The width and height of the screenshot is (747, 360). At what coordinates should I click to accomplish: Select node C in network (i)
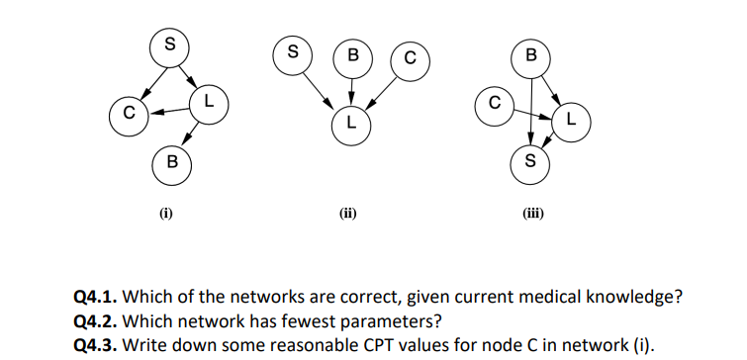[x=128, y=112]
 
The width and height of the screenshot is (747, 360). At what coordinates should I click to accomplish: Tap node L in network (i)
[x=208, y=103]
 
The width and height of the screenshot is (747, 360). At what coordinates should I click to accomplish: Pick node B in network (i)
[x=171, y=162]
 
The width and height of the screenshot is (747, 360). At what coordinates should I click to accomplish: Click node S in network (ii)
[x=291, y=53]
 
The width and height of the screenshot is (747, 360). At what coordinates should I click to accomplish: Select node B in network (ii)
[x=351, y=55]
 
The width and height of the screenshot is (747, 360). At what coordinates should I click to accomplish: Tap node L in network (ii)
[x=350, y=123]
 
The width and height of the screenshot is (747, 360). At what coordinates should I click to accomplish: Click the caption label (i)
[x=167, y=212]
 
